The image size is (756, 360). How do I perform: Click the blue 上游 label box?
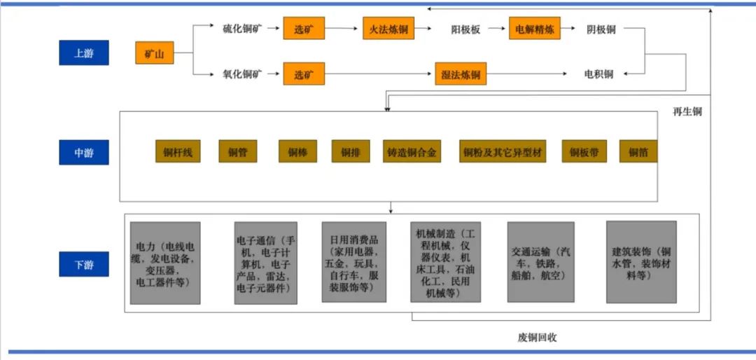(84, 53)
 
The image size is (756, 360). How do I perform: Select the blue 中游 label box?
(84, 153)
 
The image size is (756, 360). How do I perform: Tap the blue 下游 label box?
(84, 264)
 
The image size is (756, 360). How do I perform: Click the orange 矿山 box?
(154, 53)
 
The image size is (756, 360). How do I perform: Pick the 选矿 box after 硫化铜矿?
(304, 29)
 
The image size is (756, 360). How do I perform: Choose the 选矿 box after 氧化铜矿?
(304, 74)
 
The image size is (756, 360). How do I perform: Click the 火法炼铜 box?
(388, 29)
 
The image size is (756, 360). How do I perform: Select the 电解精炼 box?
(535, 29)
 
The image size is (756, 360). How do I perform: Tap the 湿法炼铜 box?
(461, 74)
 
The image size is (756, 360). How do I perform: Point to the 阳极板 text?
(465, 29)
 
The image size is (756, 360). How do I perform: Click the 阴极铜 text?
(601, 29)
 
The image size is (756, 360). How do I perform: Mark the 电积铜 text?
(598, 74)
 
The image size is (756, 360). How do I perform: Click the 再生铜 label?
(687, 112)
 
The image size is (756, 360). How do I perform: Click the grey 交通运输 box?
(541, 262)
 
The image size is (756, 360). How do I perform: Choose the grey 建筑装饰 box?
(641, 262)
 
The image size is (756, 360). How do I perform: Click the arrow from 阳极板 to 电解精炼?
(496, 29)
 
